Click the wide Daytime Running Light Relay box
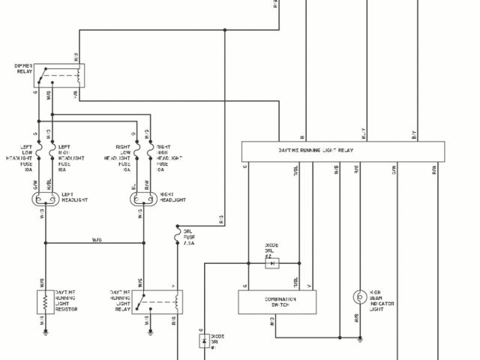(x=341, y=151)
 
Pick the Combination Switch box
(x=275, y=302)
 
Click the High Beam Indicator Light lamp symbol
(x=359, y=296)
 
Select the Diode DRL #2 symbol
(x=273, y=263)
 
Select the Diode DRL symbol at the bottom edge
(x=204, y=341)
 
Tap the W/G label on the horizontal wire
(x=97, y=240)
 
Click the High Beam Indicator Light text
(x=382, y=301)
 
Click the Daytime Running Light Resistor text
(x=67, y=301)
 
